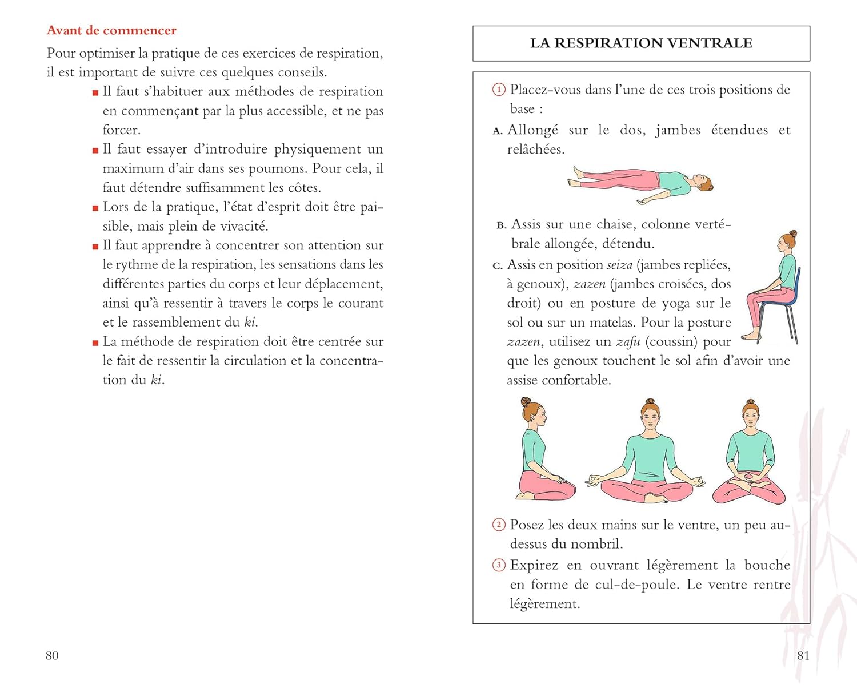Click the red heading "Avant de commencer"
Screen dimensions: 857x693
click(111, 30)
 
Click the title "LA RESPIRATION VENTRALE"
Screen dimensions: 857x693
click(641, 43)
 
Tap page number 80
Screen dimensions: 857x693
click(52, 656)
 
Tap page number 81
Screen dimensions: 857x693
click(803, 656)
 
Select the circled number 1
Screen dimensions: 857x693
click(499, 90)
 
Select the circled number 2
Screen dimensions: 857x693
click(499, 525)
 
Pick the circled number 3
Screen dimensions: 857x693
click(499, 565)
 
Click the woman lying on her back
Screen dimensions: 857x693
click(640, 185)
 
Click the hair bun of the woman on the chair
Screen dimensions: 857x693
click(793, 234)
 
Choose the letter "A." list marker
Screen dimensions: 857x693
click(498, 131)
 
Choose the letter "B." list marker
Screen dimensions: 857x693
click(502, 225)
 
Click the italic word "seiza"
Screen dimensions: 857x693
click(620, 265)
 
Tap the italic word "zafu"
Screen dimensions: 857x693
click(628, 342)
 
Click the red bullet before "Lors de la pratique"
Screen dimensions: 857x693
click(95, 208)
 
